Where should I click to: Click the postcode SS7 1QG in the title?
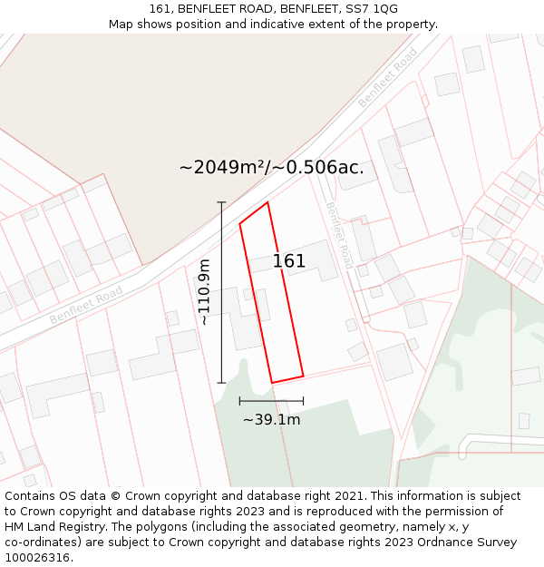pyautogui.click(x=372, y=8)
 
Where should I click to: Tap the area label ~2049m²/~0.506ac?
pyautogui.click(x=272, y=167)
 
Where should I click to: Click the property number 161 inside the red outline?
pyautogui.click(x=289, y=261)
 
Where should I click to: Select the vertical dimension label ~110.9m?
pyautogui.click(x=204, y=292)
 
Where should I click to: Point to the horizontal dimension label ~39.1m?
pyautogui.click(x=271, y=419)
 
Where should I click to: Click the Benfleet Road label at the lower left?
pyautogui.click(x=86, y=305)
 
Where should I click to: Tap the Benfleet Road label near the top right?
pyautogui.click(x=387, y=77)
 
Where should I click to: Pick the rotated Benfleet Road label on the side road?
pyautogui.click(x=338, y=234)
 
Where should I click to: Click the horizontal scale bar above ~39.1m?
pyautogui.click(x=271, y=400)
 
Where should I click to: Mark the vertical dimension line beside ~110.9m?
pyautogui.click(x=221, y=292)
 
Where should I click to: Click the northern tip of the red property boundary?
pyautogui.click(x=267, y=202)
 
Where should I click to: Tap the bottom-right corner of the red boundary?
pyautogui.click(x=303, y=375)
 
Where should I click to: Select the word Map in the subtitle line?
pyautogui.click(x=121, y=24)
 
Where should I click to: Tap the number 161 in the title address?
pyautogui.click(x=160, y=8)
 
